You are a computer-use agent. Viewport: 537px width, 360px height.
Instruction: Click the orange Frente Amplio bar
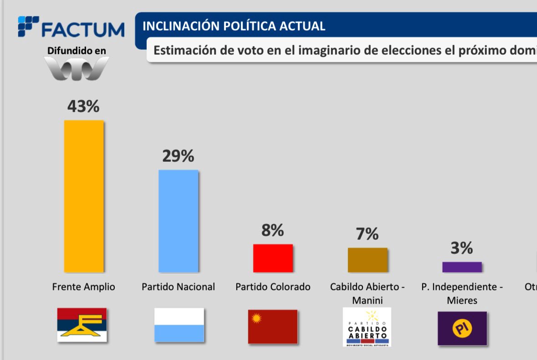84,196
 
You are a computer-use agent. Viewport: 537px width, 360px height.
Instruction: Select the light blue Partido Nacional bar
178,221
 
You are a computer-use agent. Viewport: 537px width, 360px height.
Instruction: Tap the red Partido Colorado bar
273,258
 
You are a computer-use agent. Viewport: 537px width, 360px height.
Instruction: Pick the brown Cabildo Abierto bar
368,260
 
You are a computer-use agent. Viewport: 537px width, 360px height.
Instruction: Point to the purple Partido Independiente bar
462,267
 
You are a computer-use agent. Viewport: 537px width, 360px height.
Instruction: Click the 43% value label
83,106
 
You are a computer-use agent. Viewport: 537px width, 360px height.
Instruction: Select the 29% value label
178,156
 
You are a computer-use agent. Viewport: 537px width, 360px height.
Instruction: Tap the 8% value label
272,231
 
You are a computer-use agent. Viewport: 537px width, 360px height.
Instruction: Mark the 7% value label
367,234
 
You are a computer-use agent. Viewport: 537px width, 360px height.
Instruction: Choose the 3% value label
462,248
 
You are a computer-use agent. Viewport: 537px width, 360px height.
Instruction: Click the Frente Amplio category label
84,287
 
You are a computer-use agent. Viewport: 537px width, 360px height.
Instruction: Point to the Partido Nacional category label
178,287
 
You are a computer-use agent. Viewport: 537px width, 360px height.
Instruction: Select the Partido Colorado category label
273,287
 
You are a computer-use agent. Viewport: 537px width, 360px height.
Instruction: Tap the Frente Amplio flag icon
82,325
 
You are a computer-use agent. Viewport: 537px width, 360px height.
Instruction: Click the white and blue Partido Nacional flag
179,325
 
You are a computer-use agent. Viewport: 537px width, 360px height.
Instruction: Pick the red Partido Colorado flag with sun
273,326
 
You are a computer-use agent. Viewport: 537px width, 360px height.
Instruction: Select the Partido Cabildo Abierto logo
367,327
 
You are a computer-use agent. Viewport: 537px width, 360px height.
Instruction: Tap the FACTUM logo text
82,29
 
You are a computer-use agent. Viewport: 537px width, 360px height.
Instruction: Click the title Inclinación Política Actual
234,26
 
